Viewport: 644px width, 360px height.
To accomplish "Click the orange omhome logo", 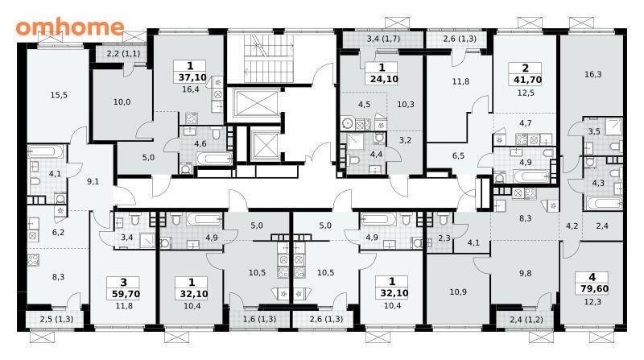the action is pos(70,27).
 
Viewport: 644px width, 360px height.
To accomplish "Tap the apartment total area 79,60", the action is pos(592,288).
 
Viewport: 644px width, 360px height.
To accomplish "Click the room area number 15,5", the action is pos(59,95).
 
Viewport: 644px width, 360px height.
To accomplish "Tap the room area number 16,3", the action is pos(592,74).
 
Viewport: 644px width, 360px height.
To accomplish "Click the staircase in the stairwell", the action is pos(269,59).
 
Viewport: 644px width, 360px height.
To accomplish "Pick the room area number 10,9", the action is pos(458,292).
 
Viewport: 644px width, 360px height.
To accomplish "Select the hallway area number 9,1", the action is pos(93,181).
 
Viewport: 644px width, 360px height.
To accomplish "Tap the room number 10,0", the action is pos(122,101).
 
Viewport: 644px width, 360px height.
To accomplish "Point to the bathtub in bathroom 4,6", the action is pos(213,159).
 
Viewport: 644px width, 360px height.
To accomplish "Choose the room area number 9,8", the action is pos(526,273).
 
